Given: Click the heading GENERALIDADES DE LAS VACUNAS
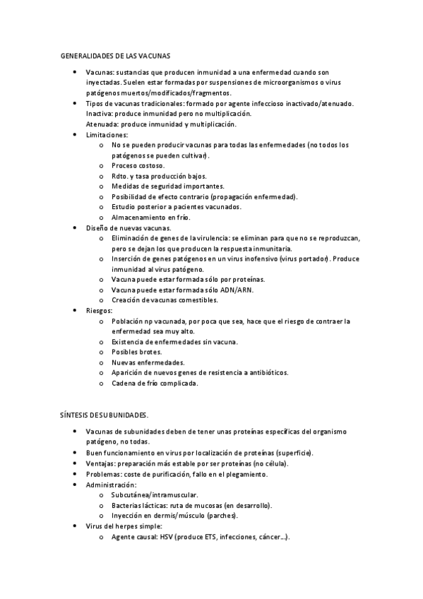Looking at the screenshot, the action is pyautogui.click(x=114, y=55).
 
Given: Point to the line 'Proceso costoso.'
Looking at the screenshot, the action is pyautogui.click(x=138, y=165).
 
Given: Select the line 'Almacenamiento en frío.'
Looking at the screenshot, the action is pyautogui.click(x=150, y=218).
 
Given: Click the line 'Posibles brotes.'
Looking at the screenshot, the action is pyautogui.click(x=136, y=352).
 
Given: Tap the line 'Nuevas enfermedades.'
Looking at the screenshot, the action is pyautogui.click(x=143, y=362).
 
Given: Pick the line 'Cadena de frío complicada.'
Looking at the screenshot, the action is pyautogui.click(x=155, y=384).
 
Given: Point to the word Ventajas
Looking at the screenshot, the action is pyautogui.click(x=100, y=463).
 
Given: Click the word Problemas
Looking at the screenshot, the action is pyautogui.click(x=103, y=474).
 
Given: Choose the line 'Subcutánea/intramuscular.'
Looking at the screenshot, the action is pyautogui.click(x=155, y=495).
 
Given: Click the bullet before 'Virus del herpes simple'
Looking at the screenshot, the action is pyautogui.click(x=75, y=526).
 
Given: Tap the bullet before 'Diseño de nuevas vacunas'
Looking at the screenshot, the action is pyautogui.click(x=75, y=228).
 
